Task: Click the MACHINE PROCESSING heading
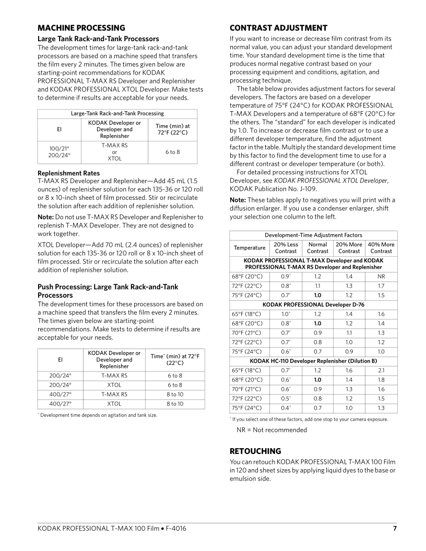pyautogui.click(x=81, y=28)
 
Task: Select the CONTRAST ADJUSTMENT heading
pyautogui.click(x=278, y=28)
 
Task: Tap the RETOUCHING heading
pyautogui.click(x=255, y=451)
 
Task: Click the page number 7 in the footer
pyautogui.click(x=395, y=529)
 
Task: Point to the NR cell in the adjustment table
pyautogui.click(x=381, y=276)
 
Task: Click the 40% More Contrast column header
pyautogui.click(x=381, y=248)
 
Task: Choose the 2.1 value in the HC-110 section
pyautogui.click(x=381, y=370)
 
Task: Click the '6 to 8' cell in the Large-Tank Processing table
pyautogui.click(x=172, y=152)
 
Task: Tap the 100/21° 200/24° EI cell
pyautogui.click(x=60, y=152)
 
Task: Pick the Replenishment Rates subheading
pyautogui.click(x=68, y=173)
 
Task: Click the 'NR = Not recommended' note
pyautogui.click(x=271, y=430)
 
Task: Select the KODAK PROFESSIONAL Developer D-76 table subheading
pyautogui.click(x=313, y=304)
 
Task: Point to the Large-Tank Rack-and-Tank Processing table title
pyautogui.click(x=117, y=113)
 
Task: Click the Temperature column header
pyautogui.click(x=250, y=248)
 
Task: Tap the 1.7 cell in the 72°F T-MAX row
pyautogui.click(x=381, y=285)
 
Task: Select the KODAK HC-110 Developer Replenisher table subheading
pyautogui.click(x=313, y=361)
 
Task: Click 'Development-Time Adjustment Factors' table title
pyautogui.click(x=313, y=235)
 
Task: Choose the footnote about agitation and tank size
pyautogui.click(x=99, y=415)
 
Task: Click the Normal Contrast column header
pyautogui.click(x=318, y=248)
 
